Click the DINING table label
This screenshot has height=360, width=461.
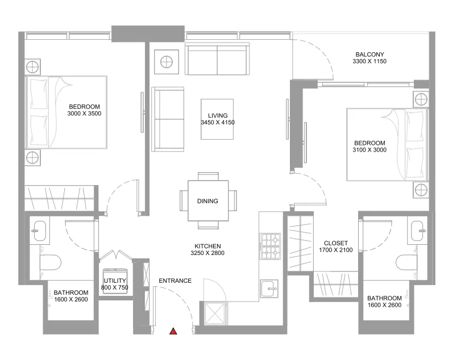click(x=207, y=201)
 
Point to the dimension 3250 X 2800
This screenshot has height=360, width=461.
click(x=207, y=253)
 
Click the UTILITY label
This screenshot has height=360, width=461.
click(x=115, y=281)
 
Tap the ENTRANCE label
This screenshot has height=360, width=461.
click(x=175, y=281)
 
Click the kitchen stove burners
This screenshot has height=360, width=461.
click(x=270, y=246)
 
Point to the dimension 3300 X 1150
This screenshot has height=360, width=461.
click(x=369, y=61)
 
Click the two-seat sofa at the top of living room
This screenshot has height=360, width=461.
click(x=217, y=60)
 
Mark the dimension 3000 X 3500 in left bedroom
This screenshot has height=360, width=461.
click(x=84, y=114)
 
